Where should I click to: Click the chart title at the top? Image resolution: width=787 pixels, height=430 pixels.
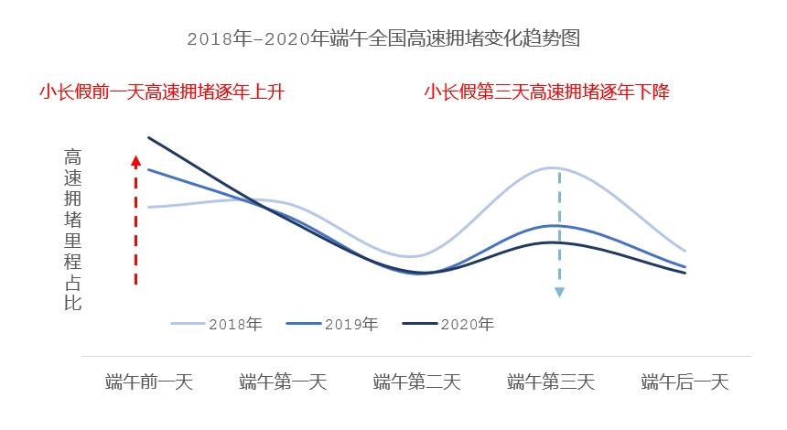pyautogui.click(x=383, y=39)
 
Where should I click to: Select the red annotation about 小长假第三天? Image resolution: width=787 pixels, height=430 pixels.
pyautogui.click(x=546, y=92)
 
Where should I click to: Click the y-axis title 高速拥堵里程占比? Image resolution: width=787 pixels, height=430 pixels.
pyautogui.click(x=73, y=229)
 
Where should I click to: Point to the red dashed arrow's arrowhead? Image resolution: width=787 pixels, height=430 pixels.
pyautogui.click(x=135, y=161)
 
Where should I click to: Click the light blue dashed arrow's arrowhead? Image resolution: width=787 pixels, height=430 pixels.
pyautogui.click(x=559, y=292)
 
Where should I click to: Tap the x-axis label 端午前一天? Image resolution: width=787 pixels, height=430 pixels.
pyautogui.click(x=149, y=382)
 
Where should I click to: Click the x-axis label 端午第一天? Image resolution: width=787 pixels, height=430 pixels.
pyautogui.click(x=283, y=382)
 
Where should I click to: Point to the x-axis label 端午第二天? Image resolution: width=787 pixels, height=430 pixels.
pyautogui.click(x=417, y=382)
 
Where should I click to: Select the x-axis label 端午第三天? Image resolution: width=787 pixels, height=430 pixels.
pyautogui.click(x=551, y=382)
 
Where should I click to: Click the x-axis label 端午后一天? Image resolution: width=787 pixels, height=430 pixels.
pyautogui.click(x=685, y=382)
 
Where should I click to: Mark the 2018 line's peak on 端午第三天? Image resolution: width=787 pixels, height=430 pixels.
pyautogui.click(x=553, y=167)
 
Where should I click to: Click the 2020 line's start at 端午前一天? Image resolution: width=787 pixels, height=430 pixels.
pyautogui.click(x=148, y=138)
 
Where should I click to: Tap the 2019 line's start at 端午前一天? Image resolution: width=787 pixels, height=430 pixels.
pyautogui.click(x=148, y=169)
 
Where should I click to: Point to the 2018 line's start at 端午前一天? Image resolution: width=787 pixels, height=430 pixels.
pyautogui.click(x=148, y=208)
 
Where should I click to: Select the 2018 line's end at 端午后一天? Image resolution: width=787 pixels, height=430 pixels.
pyautogui.click(x=685, y=251)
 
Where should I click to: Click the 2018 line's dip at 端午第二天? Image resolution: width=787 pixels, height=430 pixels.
pyautogui.click(x=412, y=256)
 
